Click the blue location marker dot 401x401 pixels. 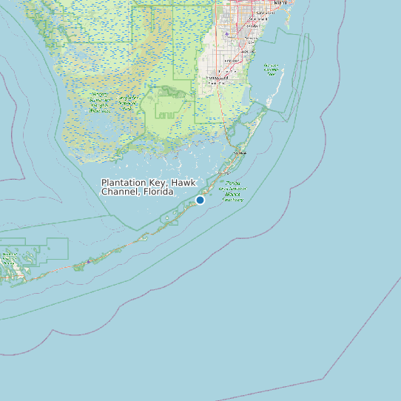pos(200,200)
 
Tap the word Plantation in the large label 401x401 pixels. pos(126,182)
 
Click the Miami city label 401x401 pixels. pos(280,3)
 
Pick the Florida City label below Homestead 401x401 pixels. pos(216,84)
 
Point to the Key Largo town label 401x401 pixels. pos(240,153)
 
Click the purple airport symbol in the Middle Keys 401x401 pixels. pos(88,261)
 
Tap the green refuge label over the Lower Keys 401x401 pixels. pos(10,258)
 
